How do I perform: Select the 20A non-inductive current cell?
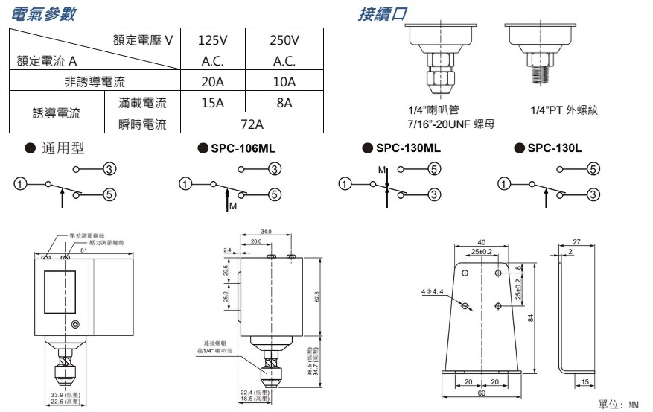pos(213,81)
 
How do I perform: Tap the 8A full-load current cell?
pos(284,103)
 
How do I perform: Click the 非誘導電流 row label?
pos(95,81)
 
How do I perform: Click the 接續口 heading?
pos(383,14)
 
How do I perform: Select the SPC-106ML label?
pos(243,148)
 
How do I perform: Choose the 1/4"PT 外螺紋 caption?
pos(564,110)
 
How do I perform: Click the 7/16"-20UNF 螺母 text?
pos(450,123)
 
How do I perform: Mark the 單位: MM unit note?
pos(618,404)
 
